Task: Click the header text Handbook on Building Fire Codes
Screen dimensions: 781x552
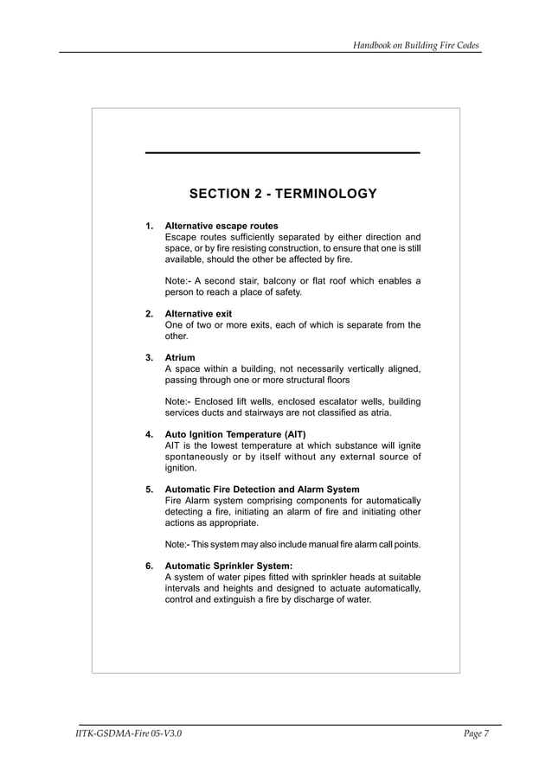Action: click(x=416, y=44)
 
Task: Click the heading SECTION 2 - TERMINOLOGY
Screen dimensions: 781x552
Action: click(x=283, y=193)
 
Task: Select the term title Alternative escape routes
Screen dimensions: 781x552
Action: click(x=221, y=226)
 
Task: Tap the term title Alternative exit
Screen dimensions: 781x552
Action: click(x=198, y=313)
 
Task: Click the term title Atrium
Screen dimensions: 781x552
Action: click(x=180, y=357)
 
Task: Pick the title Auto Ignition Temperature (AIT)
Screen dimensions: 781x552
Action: click(x=235, y=434)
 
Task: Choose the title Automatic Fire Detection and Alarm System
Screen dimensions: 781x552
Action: click(x=262, y=490)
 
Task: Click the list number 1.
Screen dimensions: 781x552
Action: click(x=149, y=226)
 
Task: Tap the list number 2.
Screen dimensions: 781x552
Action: click(x=149, y=313)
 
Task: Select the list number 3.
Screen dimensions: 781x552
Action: click(x=149, y=357)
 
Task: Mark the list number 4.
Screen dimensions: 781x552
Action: click(x=149, y=434)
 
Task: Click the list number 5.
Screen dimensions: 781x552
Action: click(x=149, y=490)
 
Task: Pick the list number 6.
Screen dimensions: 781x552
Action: click(x=149, y=567)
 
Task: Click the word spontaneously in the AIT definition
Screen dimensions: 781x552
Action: click(x=196, y=457)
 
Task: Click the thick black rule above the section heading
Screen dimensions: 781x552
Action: click(x=283, y=153)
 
